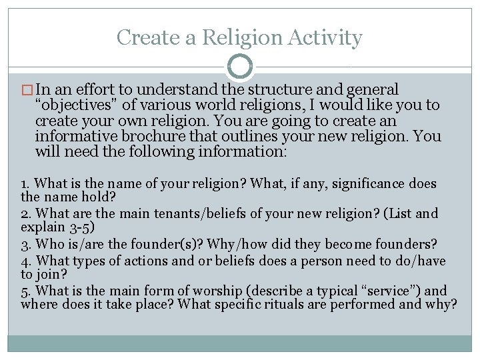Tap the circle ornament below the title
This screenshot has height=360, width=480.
coord(240,67)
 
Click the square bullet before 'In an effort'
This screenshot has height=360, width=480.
coord(28,89)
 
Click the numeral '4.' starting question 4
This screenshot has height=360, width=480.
coord(26,260)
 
